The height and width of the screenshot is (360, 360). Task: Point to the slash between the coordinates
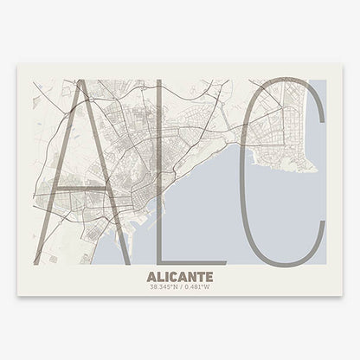click(180, 288)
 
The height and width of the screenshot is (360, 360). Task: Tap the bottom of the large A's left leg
click(35, 262)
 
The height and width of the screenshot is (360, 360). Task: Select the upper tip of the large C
click(322, 104)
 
